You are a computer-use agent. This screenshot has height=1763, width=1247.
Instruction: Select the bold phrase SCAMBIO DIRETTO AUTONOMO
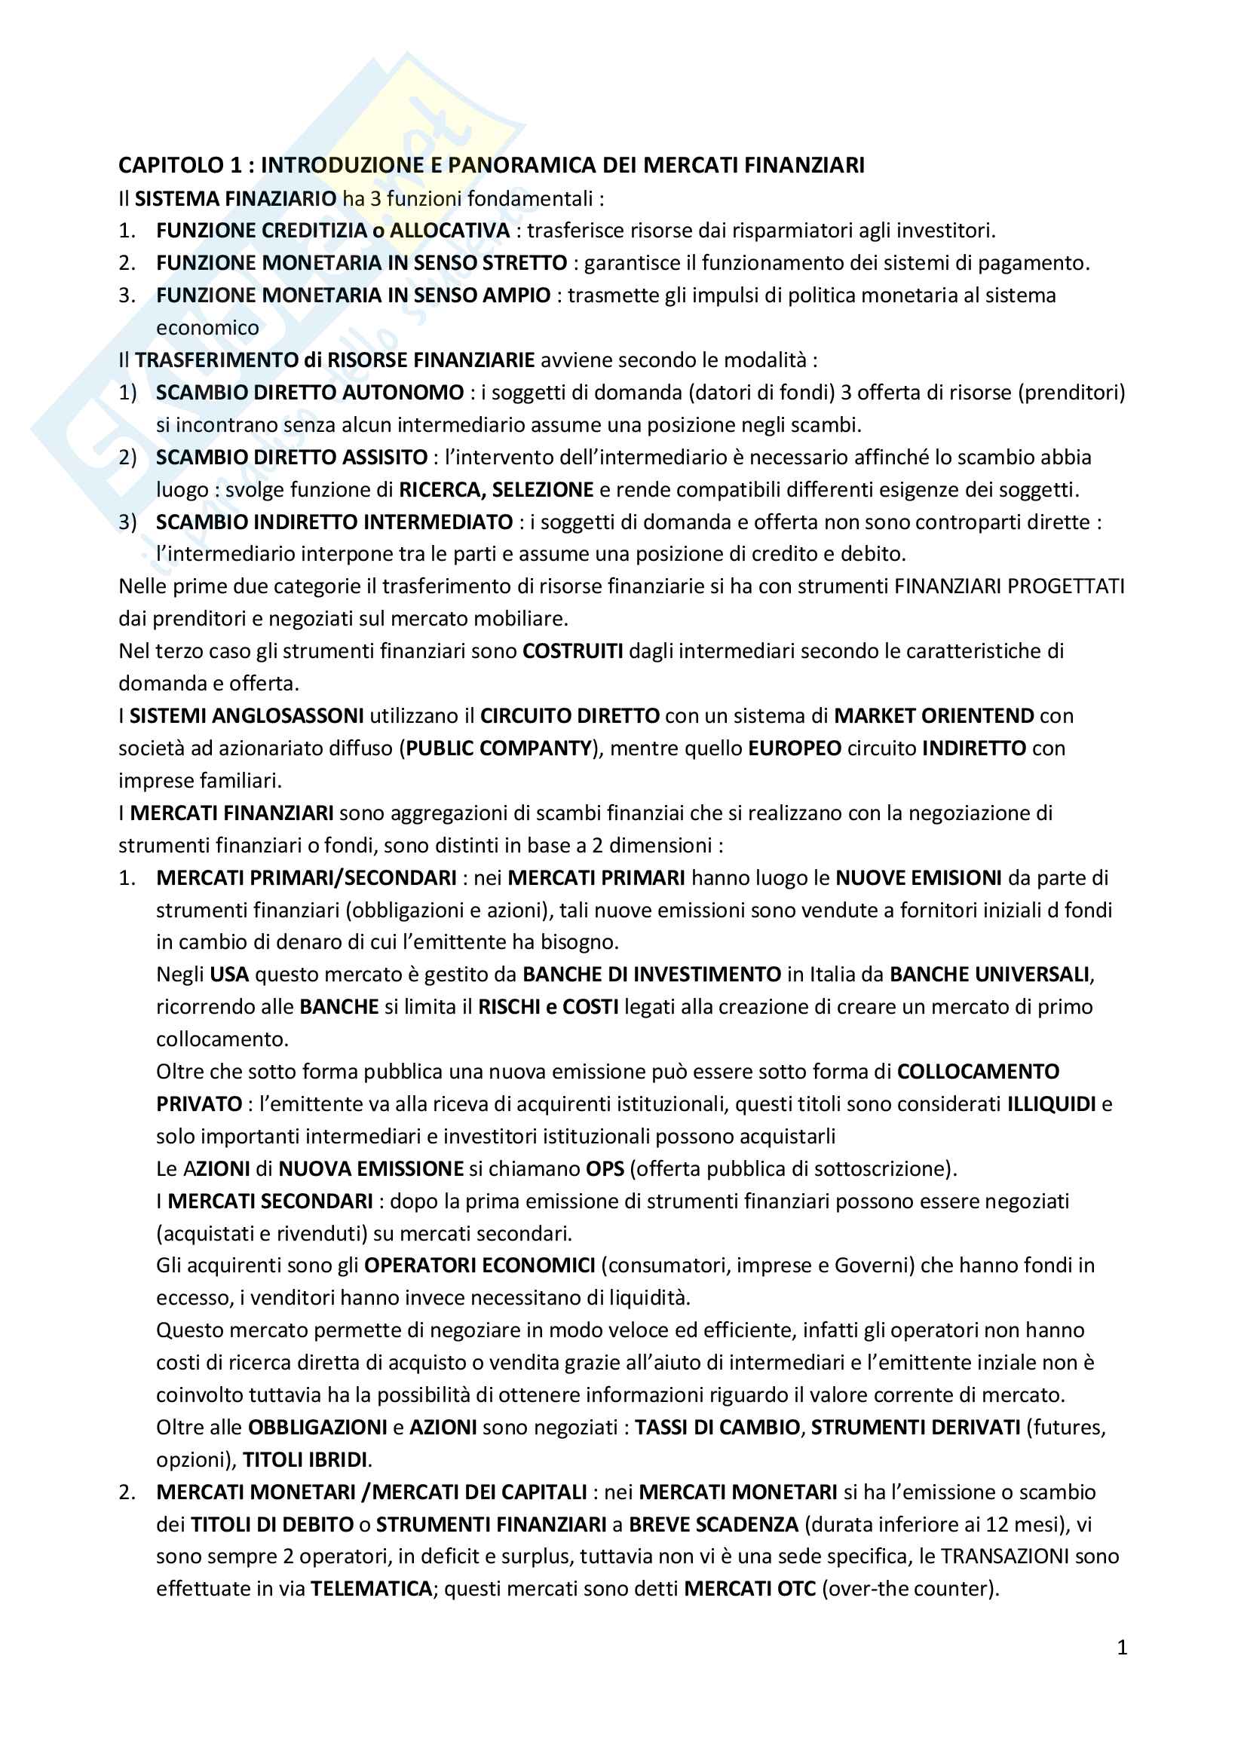coord(309,393)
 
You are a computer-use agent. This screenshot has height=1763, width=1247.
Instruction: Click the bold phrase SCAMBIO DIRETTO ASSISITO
coord(291,457)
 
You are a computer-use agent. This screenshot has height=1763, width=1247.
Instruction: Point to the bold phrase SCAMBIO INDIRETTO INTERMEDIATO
coord(334,522)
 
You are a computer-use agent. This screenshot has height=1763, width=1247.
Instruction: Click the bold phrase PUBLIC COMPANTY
coord(498,748)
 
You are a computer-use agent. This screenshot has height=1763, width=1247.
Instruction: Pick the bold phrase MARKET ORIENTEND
coord(933,715)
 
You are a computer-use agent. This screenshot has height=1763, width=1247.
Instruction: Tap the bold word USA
coord(229,975)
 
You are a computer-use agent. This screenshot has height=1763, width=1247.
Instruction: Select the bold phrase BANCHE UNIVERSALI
coord(989,975)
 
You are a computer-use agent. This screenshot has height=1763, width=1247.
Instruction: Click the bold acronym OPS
coord(605,1169)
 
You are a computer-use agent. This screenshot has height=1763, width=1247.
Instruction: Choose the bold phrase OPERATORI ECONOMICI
coord(479,1266)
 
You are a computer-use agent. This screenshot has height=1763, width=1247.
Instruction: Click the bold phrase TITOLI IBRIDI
coord(305,1460)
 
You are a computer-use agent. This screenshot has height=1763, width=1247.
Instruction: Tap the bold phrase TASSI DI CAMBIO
coord(717,1428)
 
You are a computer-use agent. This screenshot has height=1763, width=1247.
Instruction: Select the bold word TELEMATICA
coord(371,1589)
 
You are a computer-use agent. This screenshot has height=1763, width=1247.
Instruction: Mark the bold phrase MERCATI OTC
coord(749,1589)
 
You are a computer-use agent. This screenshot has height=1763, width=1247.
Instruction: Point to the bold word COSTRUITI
coord(572,651)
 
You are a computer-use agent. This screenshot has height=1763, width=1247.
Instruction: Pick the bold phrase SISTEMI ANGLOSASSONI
coord(247,715)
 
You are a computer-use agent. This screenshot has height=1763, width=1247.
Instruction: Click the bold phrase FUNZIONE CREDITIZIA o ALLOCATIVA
coord(332,231)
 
